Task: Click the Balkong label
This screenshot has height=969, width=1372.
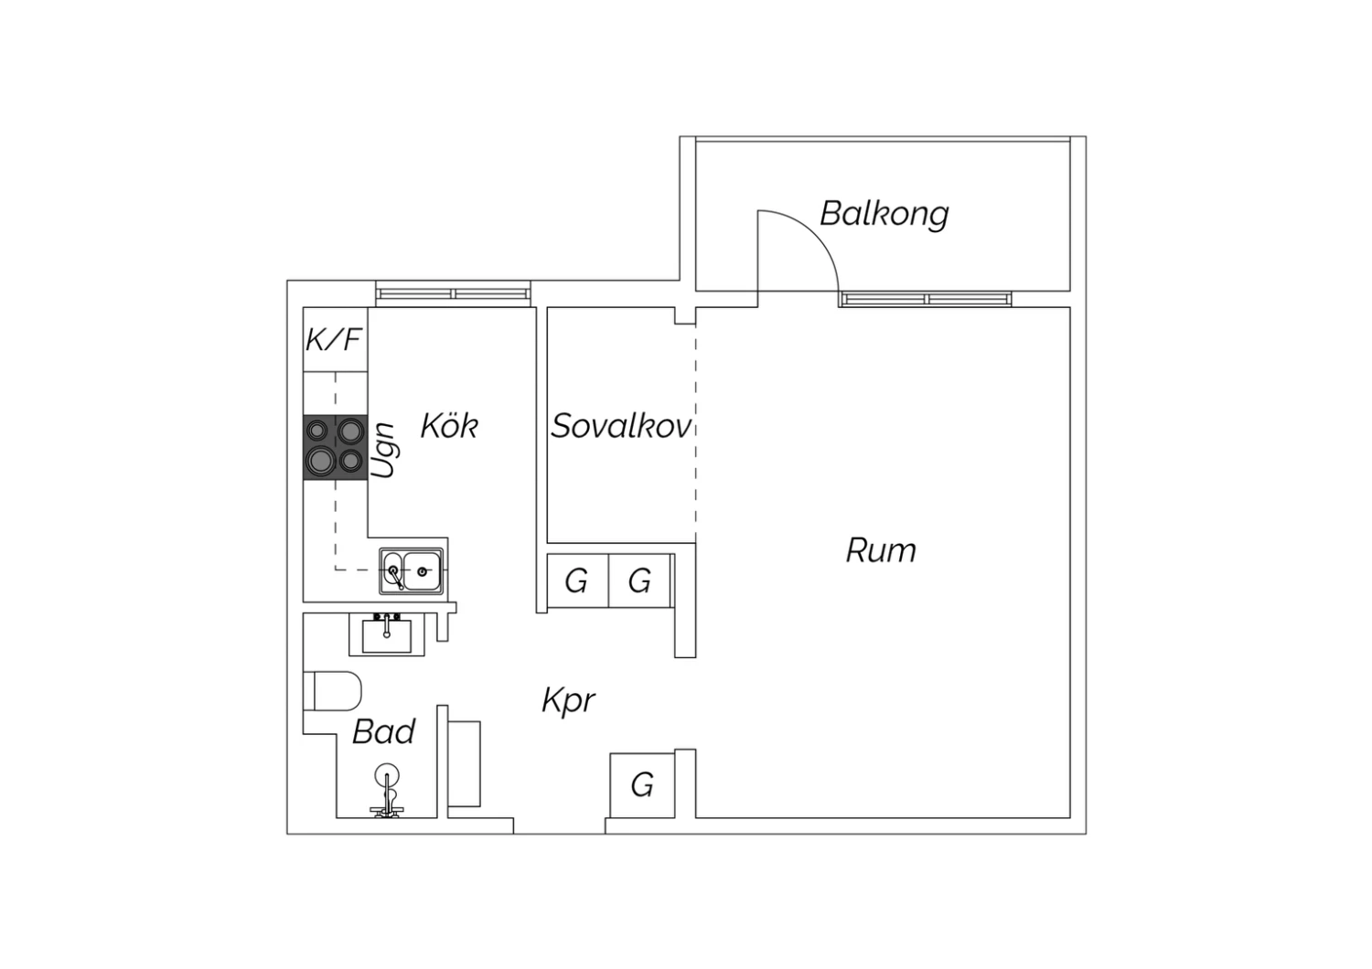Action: (x=884, y=214)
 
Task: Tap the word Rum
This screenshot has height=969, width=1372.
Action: (x=880, y=550)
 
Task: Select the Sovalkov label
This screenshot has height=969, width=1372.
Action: (x=621, y=426)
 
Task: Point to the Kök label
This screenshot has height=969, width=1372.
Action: (x=449, y=426)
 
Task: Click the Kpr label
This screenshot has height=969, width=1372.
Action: (x=568, y=701)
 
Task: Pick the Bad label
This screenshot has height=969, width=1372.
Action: (x=383, y=731)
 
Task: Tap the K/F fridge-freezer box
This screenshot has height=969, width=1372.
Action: (x=335, y=339)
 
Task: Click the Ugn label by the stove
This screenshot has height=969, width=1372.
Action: (x=384, y=450)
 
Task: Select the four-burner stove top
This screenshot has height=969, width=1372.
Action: (x=335, y=446)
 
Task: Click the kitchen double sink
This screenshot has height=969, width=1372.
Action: (x=412, y=571)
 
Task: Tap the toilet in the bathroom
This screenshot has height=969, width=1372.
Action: (x=333, y=691)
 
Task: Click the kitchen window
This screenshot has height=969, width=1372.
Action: (x=454, y=293)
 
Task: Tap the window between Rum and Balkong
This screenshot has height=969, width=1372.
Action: (x=926, y=299)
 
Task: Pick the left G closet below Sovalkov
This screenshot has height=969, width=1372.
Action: (x=576, y=580)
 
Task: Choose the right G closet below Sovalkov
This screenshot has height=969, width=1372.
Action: (x=639, y=580)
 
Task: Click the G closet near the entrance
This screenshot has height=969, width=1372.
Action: (x=642, y=784)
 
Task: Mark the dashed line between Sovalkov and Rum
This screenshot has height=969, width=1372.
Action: (x=695, y=430)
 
